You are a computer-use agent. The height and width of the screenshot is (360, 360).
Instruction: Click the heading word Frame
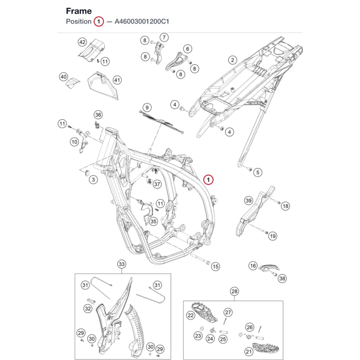(79, 11)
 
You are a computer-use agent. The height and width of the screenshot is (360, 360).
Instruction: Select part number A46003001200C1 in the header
(142, 21)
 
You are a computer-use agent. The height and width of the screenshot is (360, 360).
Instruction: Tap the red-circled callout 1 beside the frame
(208, 180)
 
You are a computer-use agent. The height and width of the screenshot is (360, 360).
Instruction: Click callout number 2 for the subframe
(233, 60)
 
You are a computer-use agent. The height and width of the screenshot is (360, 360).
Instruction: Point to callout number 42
(82, 42)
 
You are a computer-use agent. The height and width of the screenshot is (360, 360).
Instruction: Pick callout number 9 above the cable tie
(147, 107)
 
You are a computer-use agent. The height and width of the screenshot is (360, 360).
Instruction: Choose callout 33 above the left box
(122, 264)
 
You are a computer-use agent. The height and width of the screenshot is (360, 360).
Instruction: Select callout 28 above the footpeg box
(234, 291)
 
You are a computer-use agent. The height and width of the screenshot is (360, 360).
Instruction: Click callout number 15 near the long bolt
(215, 266)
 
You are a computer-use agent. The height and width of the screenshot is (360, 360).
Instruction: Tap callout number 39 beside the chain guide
(248, 201)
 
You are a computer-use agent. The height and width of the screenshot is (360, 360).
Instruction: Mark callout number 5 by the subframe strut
(258, 172)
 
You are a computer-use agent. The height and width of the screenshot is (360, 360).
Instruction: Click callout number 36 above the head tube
(98, 115)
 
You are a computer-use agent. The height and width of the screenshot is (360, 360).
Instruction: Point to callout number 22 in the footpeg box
(191, 315)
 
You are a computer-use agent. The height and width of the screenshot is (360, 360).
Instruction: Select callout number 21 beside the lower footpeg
(249, 351)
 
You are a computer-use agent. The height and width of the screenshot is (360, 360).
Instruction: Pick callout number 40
(64, 77)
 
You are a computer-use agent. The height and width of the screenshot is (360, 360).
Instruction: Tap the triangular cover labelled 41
(103, 85)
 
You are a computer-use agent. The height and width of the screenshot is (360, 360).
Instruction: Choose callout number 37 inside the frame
(157, 184)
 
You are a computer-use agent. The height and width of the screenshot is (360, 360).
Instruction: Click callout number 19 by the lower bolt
(273, 236)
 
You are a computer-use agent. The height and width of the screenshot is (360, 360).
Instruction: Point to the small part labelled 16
(269, 268)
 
